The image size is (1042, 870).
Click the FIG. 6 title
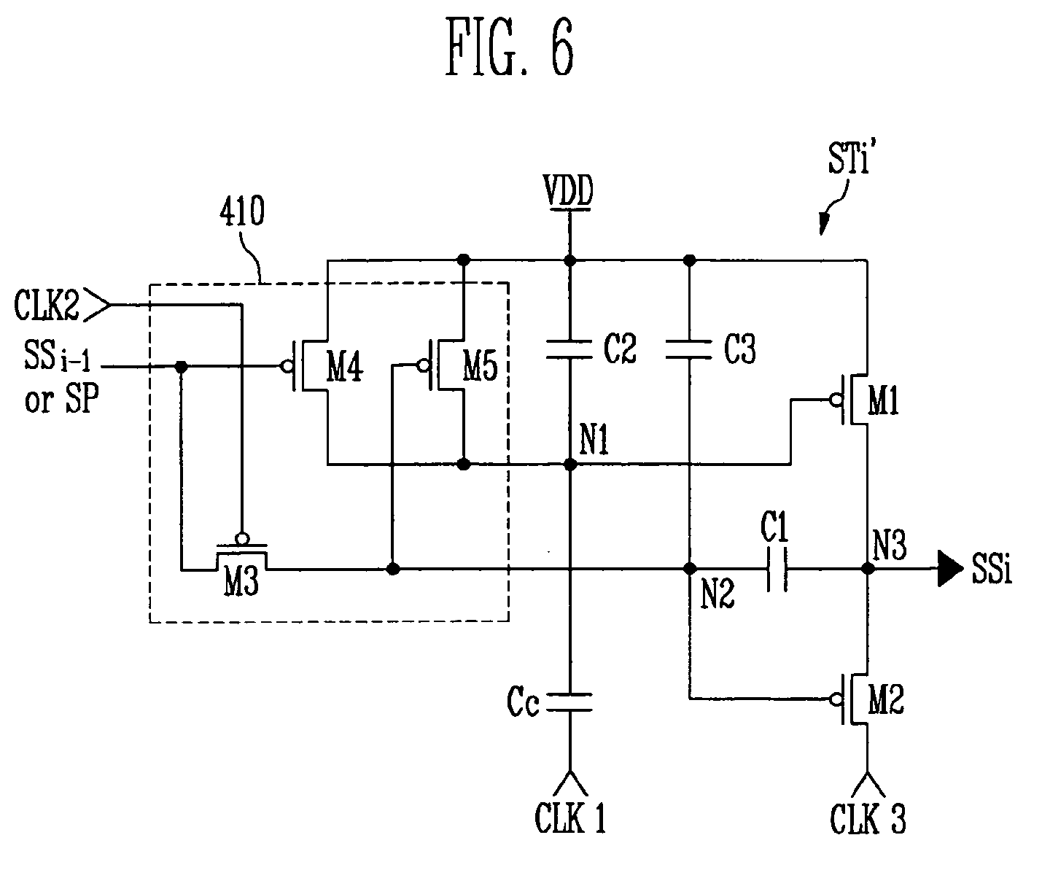point(510,46)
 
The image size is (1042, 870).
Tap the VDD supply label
point(569,190)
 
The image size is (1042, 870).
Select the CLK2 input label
point(46,305)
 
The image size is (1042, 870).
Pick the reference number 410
point(242,211)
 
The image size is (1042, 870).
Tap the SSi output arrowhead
point(950,568)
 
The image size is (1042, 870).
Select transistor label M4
point(345,366)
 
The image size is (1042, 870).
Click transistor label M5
point(480,366)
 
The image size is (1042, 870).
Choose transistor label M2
point(886,699)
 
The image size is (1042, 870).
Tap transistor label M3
point(241,582)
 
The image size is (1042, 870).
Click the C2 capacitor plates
point(569,350)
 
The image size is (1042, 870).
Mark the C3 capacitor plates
point(689,350)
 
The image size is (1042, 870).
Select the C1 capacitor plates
point(777,569)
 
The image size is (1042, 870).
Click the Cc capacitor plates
point(569,702)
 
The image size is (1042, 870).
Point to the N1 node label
point(594,439)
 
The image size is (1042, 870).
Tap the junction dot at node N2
point(689,568)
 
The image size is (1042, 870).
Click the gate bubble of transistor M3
point(242,539)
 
